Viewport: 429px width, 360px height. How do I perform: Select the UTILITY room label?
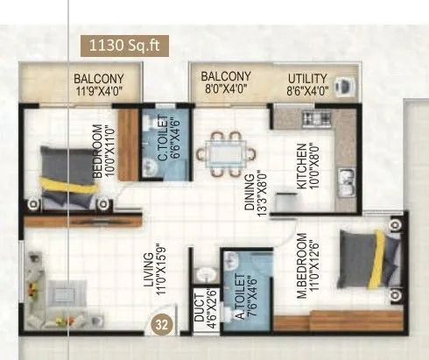tap(309, 78)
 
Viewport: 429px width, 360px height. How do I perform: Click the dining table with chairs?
tap(226, 150)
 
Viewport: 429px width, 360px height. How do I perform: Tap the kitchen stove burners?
tap(311, 116)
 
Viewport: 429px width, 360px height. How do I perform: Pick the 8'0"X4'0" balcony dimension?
tap(225, 89)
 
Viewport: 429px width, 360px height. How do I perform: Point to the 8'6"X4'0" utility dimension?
tap(308, 90)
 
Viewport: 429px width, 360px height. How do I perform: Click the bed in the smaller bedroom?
tap(67, 175)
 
